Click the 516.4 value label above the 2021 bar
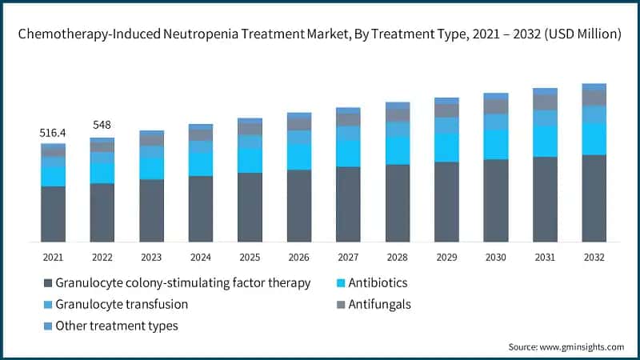(53, 132)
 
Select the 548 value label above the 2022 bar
(102, 126)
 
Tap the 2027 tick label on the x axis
(348, 258)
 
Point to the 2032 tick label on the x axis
(594, 258)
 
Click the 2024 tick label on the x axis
(200, 258)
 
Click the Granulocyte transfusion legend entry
(122, 304)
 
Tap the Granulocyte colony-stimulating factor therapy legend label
(183, 283)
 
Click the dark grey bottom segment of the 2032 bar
(594, 198)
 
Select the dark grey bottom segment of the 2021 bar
(53, 214)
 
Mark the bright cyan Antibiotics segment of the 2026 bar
(298, 157)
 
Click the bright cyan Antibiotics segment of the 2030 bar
(495, 144)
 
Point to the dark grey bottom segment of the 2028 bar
(397, 203)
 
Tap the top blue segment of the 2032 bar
(594, 86)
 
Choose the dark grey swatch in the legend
(48, 283)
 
